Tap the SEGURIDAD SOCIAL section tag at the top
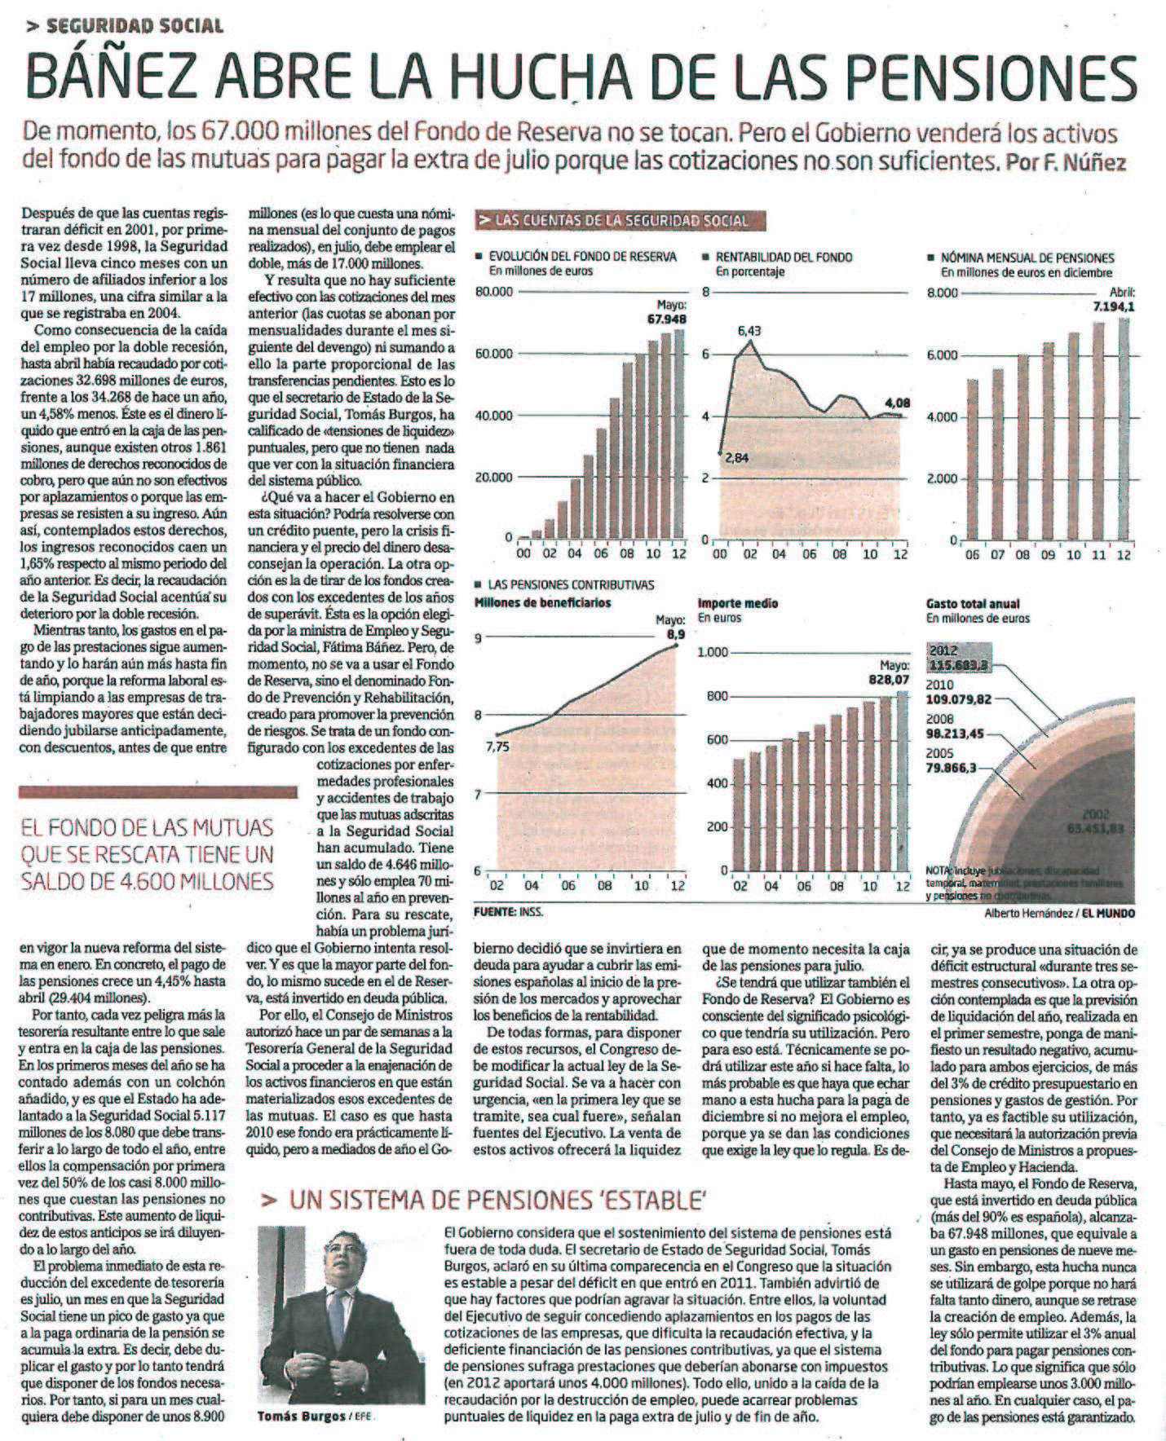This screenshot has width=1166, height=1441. point(135,25)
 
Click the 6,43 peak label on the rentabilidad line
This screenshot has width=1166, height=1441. point(749,331)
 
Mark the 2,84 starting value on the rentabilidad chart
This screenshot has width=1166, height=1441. point(736,458)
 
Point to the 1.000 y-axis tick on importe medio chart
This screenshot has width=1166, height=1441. point(712,652)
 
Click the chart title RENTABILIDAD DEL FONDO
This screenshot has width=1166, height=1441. point(784,257)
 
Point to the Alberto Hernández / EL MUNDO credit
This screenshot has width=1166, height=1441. point(1059,914)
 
